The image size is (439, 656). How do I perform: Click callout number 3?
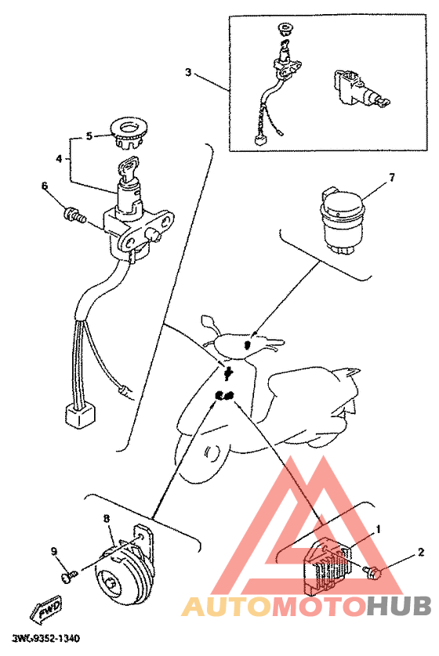click(188, 72)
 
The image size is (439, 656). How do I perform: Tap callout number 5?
click(89, 136)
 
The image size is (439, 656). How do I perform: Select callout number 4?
click(59, 159)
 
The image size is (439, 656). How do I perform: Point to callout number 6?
click(45, 185)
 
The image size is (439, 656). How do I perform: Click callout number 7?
click(392, 178)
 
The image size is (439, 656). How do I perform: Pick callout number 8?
click(107, 519)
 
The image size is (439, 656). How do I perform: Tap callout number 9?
click(54, 551)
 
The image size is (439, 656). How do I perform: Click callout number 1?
click(379, 530)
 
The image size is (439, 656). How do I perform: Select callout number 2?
click(420, 553)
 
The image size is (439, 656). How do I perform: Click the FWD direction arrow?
click(45, 607)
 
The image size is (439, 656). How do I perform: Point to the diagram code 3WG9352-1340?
click(46, 639)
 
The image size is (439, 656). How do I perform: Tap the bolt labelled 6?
click(74, 215)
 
